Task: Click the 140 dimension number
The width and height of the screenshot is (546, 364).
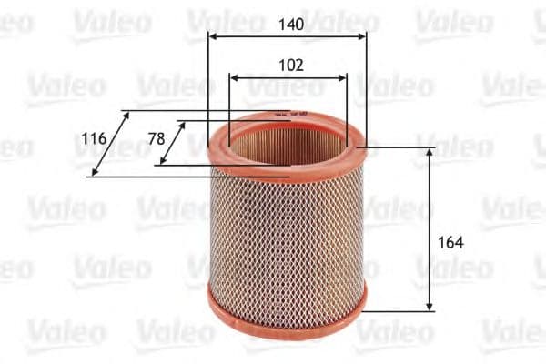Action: click(x=288, y=26)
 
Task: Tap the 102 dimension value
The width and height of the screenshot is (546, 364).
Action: click(x=288, y=65)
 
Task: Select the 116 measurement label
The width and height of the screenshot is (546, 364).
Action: click(x=94, y=138)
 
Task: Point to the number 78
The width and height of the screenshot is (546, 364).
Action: click(x=156, y=138)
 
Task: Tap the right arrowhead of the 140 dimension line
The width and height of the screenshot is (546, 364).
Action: click(x=363, y=37)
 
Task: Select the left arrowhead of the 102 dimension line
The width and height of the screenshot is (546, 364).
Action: click(x=232, y=78)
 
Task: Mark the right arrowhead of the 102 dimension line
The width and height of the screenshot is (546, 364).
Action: click(x=344, y=78)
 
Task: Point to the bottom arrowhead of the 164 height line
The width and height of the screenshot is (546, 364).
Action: click(x=430, y=307)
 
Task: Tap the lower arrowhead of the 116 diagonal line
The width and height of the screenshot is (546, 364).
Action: click(x=93, y=173)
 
